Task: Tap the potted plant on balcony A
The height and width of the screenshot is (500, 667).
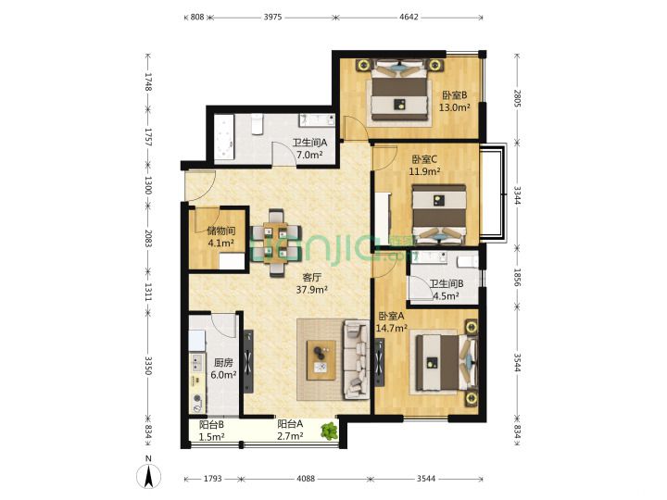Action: [329, 431]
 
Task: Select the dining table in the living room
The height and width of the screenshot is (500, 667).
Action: [276, 243]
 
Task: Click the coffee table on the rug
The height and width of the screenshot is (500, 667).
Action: [321, 359]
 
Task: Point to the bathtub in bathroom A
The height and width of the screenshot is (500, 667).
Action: [224, 137]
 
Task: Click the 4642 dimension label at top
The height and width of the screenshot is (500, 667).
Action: [409, 17]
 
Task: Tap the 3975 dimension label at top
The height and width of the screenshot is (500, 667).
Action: [272, 17]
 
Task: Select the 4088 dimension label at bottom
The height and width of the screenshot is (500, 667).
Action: [306, 479]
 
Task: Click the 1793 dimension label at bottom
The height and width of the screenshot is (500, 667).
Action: [212, 479]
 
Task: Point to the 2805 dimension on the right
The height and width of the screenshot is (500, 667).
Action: [517, 98]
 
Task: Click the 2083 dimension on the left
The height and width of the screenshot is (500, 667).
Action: [148, 238]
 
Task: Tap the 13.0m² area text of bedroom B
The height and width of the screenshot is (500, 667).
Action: [454, 107]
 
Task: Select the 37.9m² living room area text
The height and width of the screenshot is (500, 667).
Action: [312, 290]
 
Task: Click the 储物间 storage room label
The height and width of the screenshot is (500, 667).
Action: [221, 231]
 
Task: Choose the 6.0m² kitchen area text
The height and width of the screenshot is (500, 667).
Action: [224, 375]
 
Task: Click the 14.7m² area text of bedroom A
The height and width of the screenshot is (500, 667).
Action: [392, 328]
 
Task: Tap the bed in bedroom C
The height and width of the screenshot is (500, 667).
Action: [439, 214]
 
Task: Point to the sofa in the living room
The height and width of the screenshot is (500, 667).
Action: [357, 359]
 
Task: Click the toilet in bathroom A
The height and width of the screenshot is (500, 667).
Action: [257, 124]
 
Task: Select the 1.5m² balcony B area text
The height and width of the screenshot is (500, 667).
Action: [212, 436]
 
